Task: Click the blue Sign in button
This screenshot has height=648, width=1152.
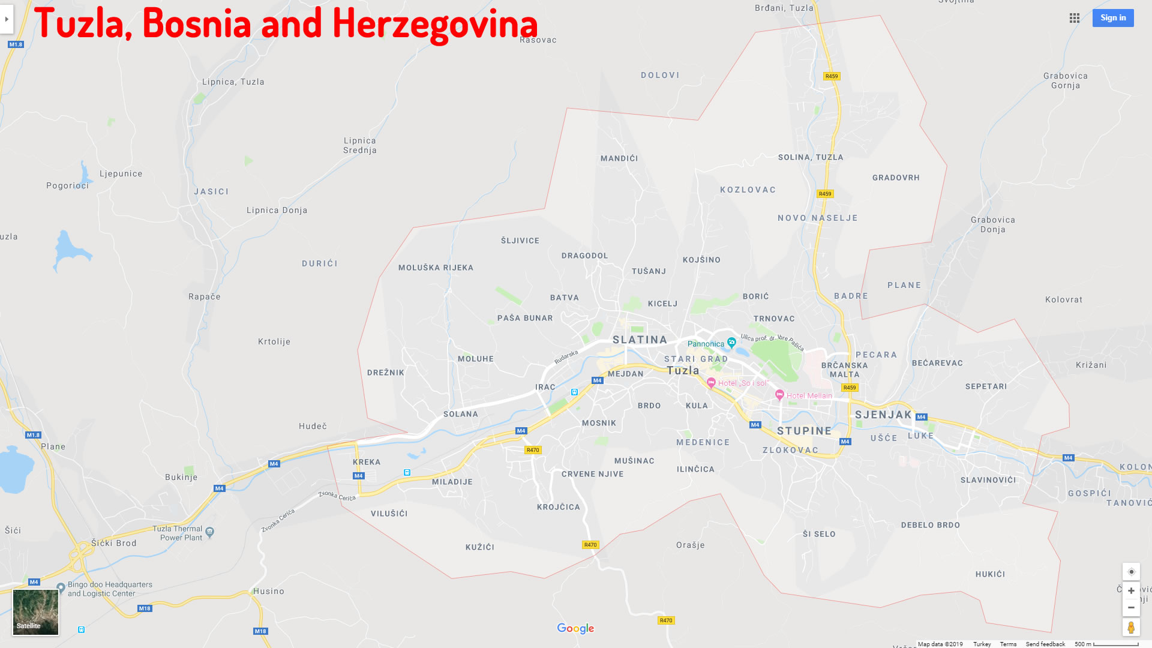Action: click(1112, 18)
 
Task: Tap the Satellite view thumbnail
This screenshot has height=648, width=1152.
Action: click(36, 611)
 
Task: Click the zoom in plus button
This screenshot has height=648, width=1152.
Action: click(1131, 591)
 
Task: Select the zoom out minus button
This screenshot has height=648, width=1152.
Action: click(1131, 608)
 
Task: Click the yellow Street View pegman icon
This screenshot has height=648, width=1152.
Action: click(1131, 628)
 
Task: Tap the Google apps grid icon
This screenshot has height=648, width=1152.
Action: click(1075, 18)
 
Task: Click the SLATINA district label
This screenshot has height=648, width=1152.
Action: click(640, 340)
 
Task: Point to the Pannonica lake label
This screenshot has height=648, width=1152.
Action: click(706, 344)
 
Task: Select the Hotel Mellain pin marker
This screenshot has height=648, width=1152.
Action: click(779, 395)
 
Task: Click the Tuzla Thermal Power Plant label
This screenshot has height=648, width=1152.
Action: click(178, 533)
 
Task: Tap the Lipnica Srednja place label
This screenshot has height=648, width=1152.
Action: click(360, 145)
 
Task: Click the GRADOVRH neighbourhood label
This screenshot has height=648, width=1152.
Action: click(896, 178)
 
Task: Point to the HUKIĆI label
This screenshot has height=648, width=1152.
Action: click(990, 574)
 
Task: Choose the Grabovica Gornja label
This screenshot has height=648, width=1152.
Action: click(1065, 80)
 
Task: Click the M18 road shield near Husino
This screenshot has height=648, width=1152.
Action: click(260, 631)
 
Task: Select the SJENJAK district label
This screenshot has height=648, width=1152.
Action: click(883, 415)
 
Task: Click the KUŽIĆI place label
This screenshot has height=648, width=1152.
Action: click(480, 547)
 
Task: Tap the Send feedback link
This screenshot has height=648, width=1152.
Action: click(1045, 644)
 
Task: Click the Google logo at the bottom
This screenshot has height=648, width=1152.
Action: click(575, 628)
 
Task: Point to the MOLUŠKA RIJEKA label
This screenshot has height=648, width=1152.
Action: click(436, 268)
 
